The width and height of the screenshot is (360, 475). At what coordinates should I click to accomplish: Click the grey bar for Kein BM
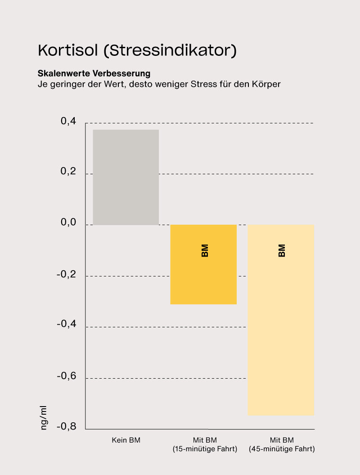[126, 177]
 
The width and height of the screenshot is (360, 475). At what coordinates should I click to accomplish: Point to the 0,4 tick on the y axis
[68, 122]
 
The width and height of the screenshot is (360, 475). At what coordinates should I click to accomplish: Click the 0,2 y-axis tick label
[68, 172]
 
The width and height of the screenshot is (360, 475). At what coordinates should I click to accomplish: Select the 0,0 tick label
[68, 223]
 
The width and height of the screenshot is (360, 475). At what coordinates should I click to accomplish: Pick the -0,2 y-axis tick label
[66, 275]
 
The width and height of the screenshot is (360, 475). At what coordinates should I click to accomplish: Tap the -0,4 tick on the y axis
[66, 325]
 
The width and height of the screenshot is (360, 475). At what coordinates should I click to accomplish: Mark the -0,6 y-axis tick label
[66, 376]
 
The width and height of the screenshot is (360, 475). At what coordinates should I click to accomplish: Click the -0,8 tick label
[66, 427]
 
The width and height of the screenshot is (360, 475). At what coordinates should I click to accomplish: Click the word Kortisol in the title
[68, 50]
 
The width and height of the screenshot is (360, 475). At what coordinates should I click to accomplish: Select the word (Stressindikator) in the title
[170, 50]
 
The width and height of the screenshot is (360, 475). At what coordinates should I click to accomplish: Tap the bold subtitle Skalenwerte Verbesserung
[94, 73]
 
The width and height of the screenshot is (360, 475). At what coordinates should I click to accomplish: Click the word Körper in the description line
[266, 84]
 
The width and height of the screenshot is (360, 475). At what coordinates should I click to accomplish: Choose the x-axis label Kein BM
[126, 440]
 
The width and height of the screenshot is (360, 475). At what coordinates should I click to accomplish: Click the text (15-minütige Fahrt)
[204, 449]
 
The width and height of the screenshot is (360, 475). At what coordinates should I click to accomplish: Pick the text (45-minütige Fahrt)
[282, 449]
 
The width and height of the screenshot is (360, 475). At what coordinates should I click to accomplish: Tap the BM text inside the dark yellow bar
[205, 251]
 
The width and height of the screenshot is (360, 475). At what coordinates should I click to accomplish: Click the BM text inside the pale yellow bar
[282, 251]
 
